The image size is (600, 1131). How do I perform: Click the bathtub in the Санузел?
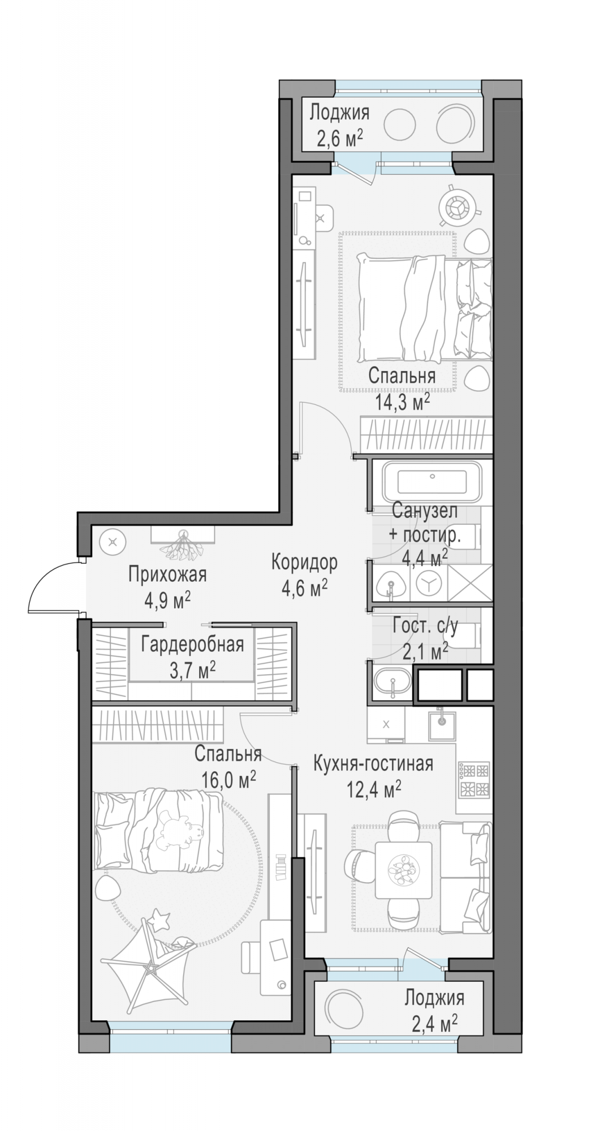tap(431, 483)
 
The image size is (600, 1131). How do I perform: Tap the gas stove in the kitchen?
tap(474, 780)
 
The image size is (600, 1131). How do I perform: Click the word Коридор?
tap(304, 562)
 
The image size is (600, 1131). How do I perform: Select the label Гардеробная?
tap(192, 645)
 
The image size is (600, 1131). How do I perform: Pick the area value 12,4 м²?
tap(374, 788)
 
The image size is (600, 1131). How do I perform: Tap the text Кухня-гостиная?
tap(373, 763)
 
